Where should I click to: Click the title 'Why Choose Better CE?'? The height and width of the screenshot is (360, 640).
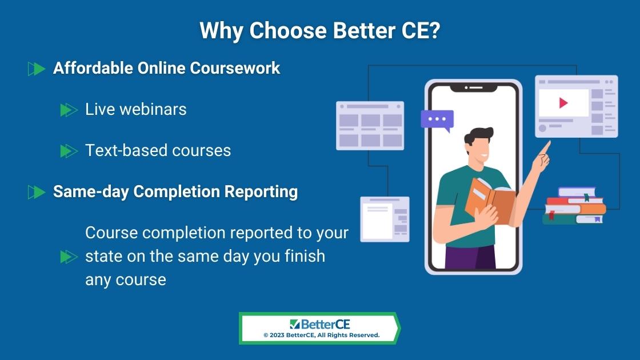319,31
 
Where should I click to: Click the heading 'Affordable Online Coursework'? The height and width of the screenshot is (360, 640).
166,68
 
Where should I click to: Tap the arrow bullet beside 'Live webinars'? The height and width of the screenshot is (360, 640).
69,110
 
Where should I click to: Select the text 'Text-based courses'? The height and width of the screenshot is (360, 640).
158,150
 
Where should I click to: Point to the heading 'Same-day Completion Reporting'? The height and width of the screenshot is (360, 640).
175,191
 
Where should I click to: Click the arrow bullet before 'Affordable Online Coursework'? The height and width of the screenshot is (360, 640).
37,69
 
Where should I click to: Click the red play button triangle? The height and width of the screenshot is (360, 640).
563,103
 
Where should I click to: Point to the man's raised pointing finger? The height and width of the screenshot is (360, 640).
546,147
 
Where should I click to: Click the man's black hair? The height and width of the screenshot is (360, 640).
478,135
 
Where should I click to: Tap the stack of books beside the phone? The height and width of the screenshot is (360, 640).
574,206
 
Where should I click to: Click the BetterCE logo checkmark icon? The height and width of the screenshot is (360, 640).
295,324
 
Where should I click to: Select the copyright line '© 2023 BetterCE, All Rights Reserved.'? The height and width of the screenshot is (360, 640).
322,335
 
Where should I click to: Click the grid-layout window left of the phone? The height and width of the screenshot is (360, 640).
370,126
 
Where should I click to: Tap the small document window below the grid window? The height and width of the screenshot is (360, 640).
385,219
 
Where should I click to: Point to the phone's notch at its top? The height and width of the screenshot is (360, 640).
474,88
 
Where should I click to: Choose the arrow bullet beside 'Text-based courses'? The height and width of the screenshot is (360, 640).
69,151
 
